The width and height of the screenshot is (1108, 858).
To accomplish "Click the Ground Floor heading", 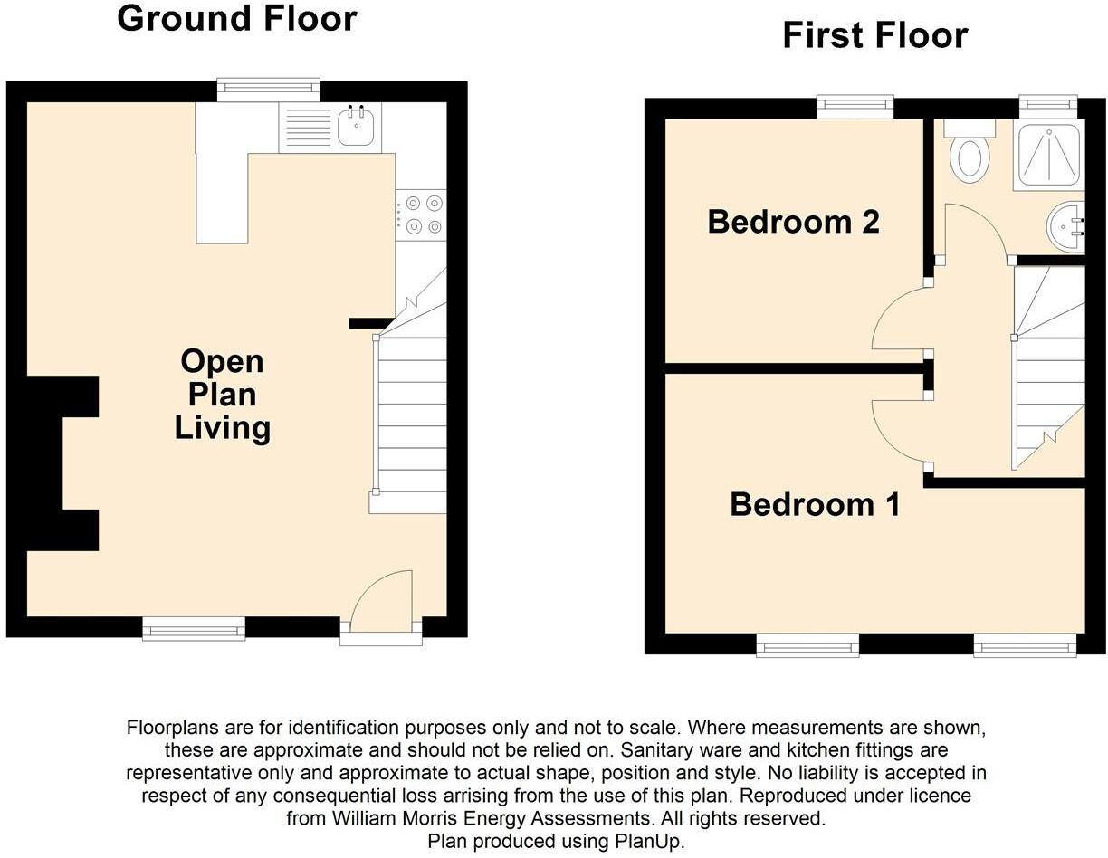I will [x=237, y=19].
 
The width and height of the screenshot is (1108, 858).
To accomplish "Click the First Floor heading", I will [x=874, y=35].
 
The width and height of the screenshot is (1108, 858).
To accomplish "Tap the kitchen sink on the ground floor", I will [x=358, y=127].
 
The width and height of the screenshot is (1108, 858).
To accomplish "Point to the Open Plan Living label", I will [x=223, y=395].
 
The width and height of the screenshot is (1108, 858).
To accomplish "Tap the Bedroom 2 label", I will [x=793, y=222].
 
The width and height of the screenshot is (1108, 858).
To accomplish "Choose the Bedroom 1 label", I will [x=815, y=504].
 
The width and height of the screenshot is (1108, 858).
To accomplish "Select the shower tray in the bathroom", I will [x=1047, y=156].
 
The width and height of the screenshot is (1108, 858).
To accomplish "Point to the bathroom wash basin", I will [x=1066, y=226].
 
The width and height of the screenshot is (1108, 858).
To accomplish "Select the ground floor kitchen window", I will [x=269, y=89].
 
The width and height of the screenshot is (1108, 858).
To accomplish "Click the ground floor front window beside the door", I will [x=194, y=628].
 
